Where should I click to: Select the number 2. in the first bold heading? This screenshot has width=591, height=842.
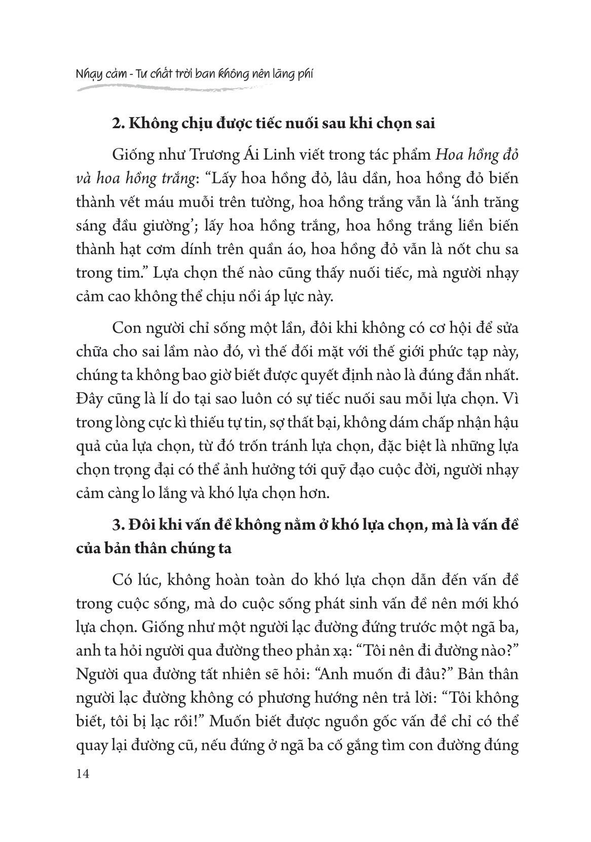click(x=118, y=124)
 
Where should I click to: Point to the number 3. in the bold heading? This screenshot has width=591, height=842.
click(x=118, y=525)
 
